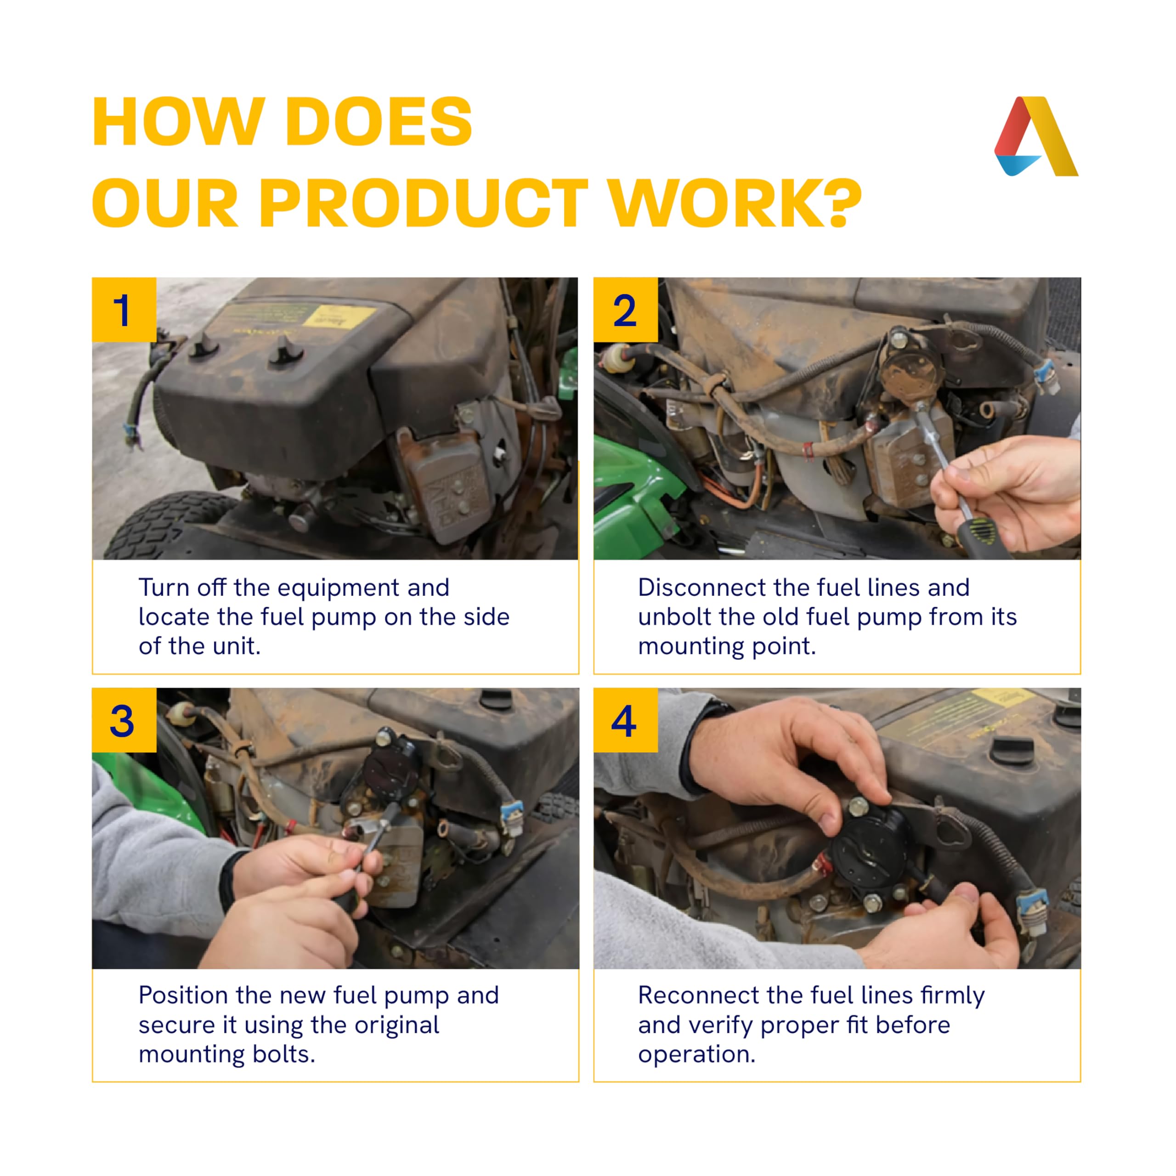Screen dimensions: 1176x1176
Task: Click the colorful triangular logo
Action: point(1036,136)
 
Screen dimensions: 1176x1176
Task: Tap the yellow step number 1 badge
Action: point(124,310)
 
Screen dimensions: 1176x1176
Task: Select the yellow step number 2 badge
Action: point(625,310)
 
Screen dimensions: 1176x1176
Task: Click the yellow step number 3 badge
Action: point(124,720)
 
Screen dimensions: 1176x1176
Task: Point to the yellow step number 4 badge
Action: point(625,720)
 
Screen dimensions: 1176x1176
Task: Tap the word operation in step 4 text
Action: point(696,1055)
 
